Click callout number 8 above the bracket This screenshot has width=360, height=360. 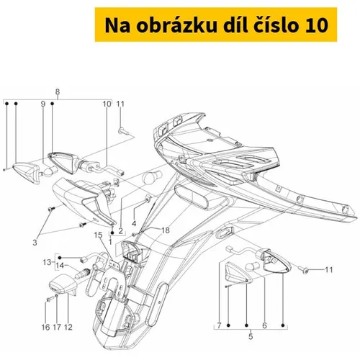pyautogui.click(x=58, y=91)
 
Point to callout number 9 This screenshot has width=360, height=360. pyautogui.click(x=43, y=104)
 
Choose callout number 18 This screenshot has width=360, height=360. pyautogui.click(x=166, y=230)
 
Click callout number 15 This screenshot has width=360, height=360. pyautogui.click(x=98, y=235)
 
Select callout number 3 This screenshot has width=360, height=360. pyautogui.click(x=35, y=243)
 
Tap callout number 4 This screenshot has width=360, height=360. pyautogui.click(x=134, y=223)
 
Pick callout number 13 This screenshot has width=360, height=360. pyautogui.click(x=47, y=262)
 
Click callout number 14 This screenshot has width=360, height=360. pyautogui.click(x=60, y=266)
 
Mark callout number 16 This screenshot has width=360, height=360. pyautogui.click(x=45, y=327)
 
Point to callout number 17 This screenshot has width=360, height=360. pyautogui.click(x=57, y=327)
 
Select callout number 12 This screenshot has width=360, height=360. pyautogui.click(x=68, y=327)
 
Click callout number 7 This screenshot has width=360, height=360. pyautogui.click(x=219, y=325)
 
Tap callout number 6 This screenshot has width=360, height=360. pyautogui.click(x=264, y=325)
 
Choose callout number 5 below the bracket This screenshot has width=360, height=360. pyautogui.click(x=251, y=336)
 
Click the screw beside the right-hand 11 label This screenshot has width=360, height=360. pyautogui.click(x=305, y=270)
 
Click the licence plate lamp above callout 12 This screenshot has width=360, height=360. pyautogui.click(x=63, y=284)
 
